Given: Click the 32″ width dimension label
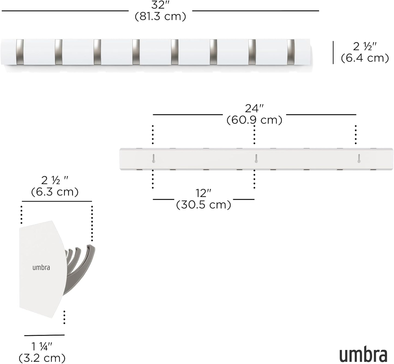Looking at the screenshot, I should pos(160,5).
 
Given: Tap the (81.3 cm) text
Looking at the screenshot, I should pos(160,16).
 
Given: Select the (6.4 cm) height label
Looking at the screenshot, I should pos(365,58).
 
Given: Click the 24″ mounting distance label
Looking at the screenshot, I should pos(254,108).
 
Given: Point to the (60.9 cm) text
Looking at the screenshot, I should pos(254,120).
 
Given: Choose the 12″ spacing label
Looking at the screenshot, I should pos(203,193).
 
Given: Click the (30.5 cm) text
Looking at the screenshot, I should pos(203,205).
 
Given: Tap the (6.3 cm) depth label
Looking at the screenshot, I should pos(55,192).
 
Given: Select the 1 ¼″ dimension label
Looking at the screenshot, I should pos(42,347).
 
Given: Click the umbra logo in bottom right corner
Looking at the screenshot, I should pos(363,354).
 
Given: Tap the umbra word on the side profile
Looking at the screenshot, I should pos(41,267).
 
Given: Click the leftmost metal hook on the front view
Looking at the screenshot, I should pos(20,51).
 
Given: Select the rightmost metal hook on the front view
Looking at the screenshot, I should pos(291,51).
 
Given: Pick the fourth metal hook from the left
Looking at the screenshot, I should pos(136,51).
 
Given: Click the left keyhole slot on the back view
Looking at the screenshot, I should pos(154,159).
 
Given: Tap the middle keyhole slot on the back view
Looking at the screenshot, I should pos(256,159).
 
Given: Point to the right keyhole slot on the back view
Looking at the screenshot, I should pos(359,159).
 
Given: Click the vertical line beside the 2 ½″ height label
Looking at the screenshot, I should pos(333,52).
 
